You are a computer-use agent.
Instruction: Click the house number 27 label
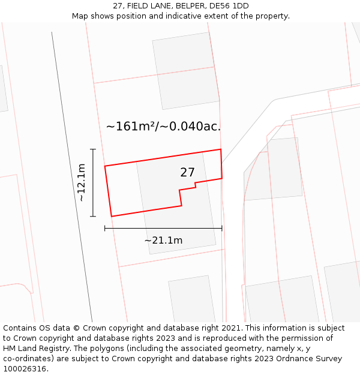tap(187, 173)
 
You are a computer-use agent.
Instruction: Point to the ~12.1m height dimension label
tap(82, 182)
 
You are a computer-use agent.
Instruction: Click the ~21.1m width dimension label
tap(163, 241)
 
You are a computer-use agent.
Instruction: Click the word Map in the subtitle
tap(81, 16)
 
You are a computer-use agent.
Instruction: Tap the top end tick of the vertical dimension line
tap(93, 149)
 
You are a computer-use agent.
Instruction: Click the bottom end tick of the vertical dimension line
tap(93, 216)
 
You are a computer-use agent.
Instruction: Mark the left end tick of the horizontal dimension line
tap(105, 228)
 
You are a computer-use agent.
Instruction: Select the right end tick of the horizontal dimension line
tap(222, 228)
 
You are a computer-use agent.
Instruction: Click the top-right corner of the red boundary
tap(221, 149)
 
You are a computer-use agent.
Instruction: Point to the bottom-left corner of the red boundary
tap(112, 216)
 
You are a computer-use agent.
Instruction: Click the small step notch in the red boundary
tap(195, 185)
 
